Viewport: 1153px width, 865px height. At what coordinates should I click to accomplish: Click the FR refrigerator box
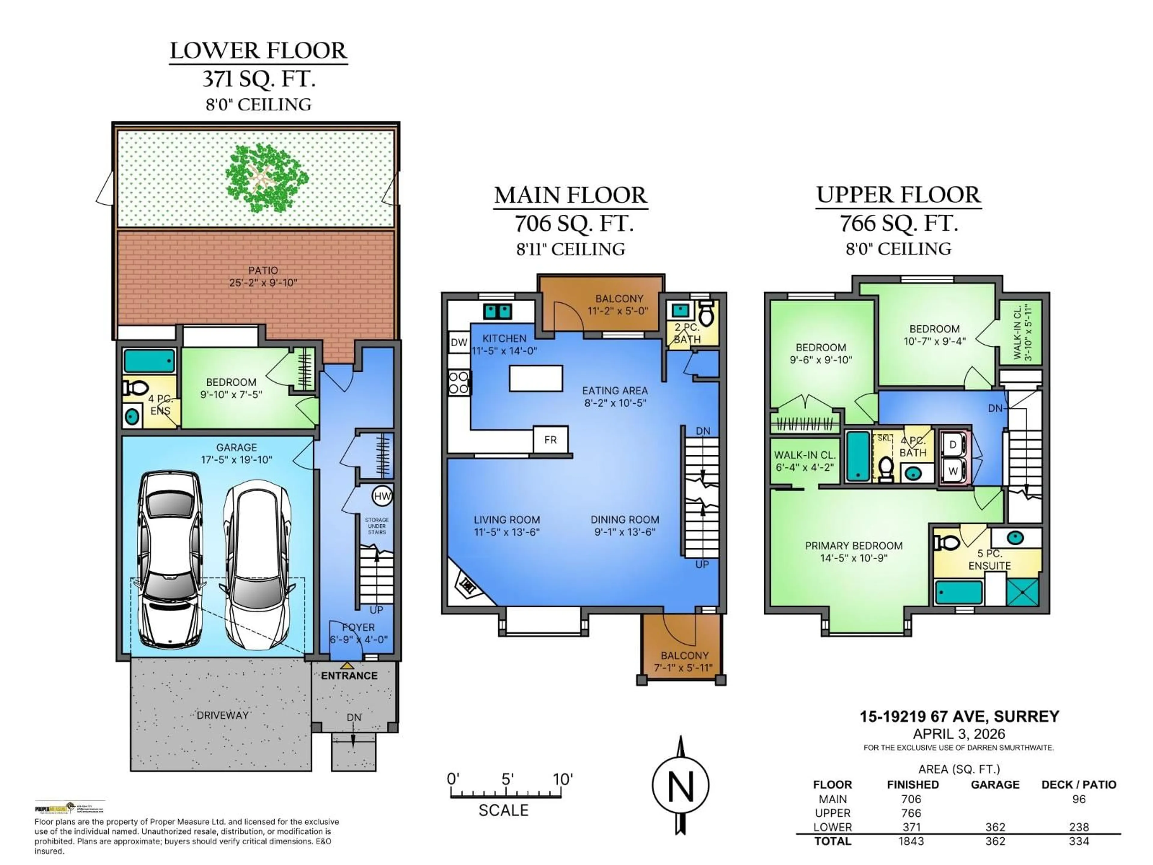[x=550, y=439]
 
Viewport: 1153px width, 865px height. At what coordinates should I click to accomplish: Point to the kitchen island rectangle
[x=536, y=378]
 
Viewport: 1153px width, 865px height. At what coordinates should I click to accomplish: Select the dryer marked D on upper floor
[x=953, y=445]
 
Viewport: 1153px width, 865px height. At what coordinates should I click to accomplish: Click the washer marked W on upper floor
[x=953, y=471]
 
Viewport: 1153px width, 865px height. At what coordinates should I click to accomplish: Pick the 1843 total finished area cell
[x=911, y=841]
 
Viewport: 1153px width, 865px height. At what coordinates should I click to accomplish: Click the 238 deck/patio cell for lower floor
[x=1079, y=827]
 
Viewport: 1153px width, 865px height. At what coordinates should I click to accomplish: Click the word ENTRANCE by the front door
[x=349, y=676]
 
